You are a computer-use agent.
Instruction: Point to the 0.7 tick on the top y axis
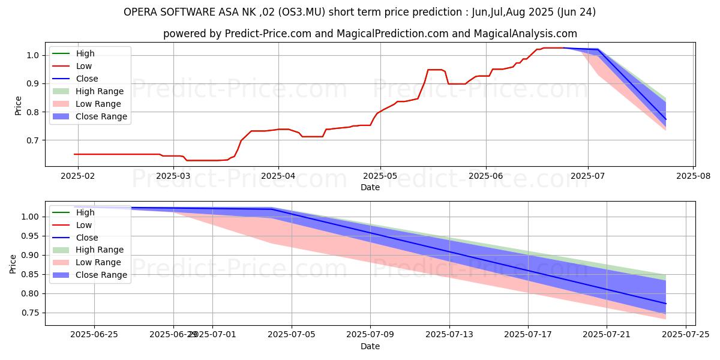(x=32, y=140)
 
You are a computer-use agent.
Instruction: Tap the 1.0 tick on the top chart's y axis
(x=32, y=55)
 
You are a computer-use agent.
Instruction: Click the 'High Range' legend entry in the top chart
(x=100, y=91)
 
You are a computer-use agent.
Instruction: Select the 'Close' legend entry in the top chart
(x=87, y=79)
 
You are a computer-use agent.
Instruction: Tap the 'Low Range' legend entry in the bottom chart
(x=98, y=262)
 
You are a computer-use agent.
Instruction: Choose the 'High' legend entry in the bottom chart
(x=85, y=212)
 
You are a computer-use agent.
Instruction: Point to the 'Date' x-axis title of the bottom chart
(x=370, y=346)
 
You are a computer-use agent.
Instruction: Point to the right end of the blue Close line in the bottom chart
(x=665, y=304)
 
